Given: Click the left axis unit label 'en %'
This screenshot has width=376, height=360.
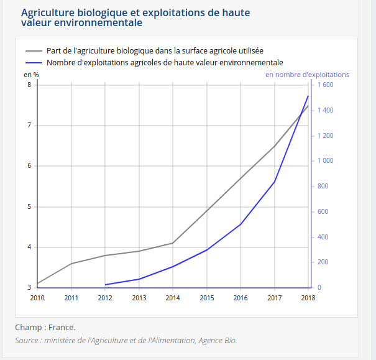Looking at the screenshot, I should (x=32, y=75).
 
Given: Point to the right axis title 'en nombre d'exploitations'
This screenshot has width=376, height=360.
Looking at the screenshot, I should (x=307, y=75).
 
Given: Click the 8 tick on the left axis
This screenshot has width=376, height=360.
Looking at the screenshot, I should (x=29, y=85).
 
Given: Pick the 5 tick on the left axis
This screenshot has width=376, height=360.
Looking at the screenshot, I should (x=29, y=206).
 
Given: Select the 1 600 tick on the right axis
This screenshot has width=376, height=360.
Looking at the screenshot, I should (x=326, y=85).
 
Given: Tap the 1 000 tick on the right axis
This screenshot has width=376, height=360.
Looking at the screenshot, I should (x=326, y=160).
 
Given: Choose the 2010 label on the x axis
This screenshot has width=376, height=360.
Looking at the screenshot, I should (x=37, y=297).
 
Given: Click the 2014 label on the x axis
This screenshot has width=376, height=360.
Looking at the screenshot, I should (x=173, y=297).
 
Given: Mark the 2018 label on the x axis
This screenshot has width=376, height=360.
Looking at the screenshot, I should (x=308, y=297).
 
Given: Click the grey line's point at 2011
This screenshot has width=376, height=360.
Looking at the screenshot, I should (x=71, y=264).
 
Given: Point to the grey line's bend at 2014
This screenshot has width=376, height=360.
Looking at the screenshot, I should (x=173, y=243).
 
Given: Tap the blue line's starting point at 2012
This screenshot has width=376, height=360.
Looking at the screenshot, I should (x=106, y=285).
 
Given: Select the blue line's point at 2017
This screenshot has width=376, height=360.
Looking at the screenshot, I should (x=274, y=182).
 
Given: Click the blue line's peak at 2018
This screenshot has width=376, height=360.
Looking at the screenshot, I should (x=308, y=96).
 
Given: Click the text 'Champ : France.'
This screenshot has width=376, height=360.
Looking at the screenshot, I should (x=45, y=327).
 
